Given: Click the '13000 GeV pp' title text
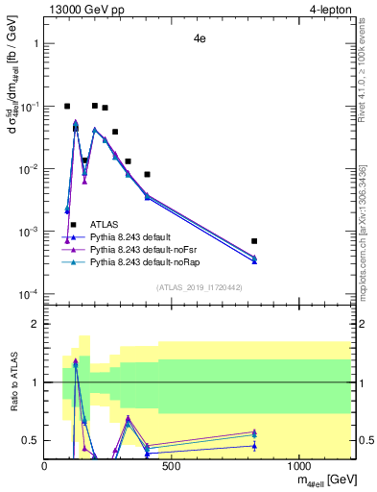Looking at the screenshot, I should (84, 10).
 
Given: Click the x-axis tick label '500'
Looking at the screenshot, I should (172, 466).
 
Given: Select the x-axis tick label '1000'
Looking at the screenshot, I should (298, 466).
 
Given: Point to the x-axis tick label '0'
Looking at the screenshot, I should (45, 466).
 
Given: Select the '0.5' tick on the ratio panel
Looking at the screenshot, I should (32, 440).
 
